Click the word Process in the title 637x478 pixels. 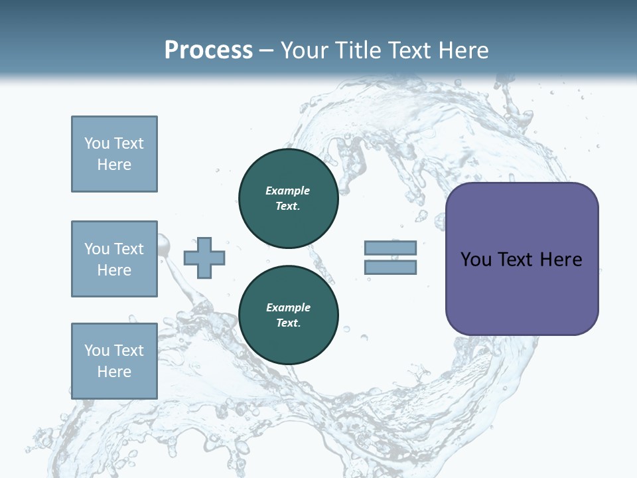point(208,50)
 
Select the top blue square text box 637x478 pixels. point(114,154)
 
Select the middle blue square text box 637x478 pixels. point(114,259)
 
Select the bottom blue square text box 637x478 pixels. point(114,361)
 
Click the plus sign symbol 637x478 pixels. point(204,258)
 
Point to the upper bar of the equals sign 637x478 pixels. point(390,248)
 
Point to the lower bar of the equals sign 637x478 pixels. point(390,268)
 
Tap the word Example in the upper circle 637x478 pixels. point(288,191)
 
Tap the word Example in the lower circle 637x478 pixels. point(288,307)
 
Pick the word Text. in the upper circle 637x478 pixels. point(288,206)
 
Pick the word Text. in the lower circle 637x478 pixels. point(288,323)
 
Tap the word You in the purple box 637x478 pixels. point(476,260)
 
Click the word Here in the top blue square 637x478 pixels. point(114,165)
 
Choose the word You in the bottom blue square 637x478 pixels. point(97,351)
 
